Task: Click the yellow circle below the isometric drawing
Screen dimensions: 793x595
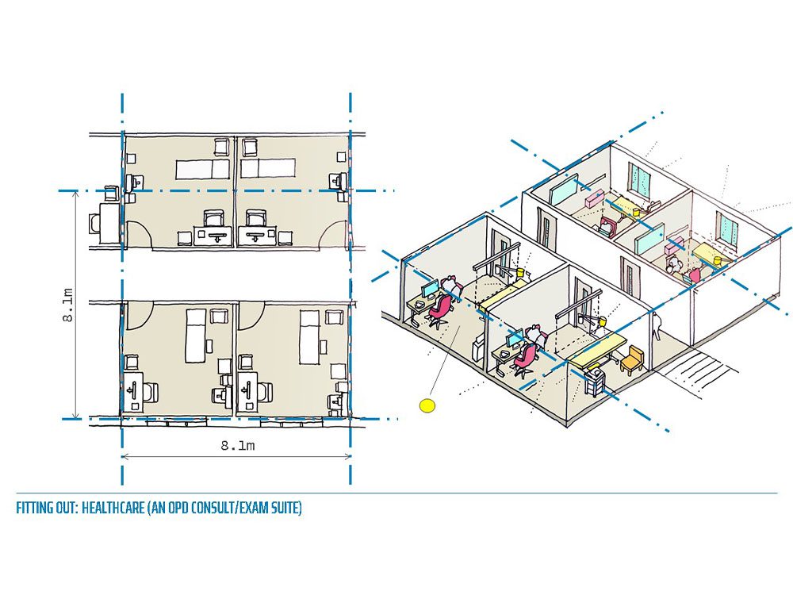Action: (x=427, y=405)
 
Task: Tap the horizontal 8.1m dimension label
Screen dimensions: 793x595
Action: (x=238, y=446)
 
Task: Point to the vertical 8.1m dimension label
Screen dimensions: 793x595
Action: (x=68, y=305)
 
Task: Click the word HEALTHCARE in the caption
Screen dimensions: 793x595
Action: (x=113, y=508)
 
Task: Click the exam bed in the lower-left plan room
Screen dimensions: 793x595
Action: (x=194, y=336)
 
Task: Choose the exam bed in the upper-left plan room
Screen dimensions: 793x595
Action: (x=202, y=169)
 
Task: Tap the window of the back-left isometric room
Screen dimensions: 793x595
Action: (x=640, y=178)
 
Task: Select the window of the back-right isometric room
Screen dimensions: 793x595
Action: (x=726, y=228)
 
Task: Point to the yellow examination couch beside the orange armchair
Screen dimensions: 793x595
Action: (x=597, y=349)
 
